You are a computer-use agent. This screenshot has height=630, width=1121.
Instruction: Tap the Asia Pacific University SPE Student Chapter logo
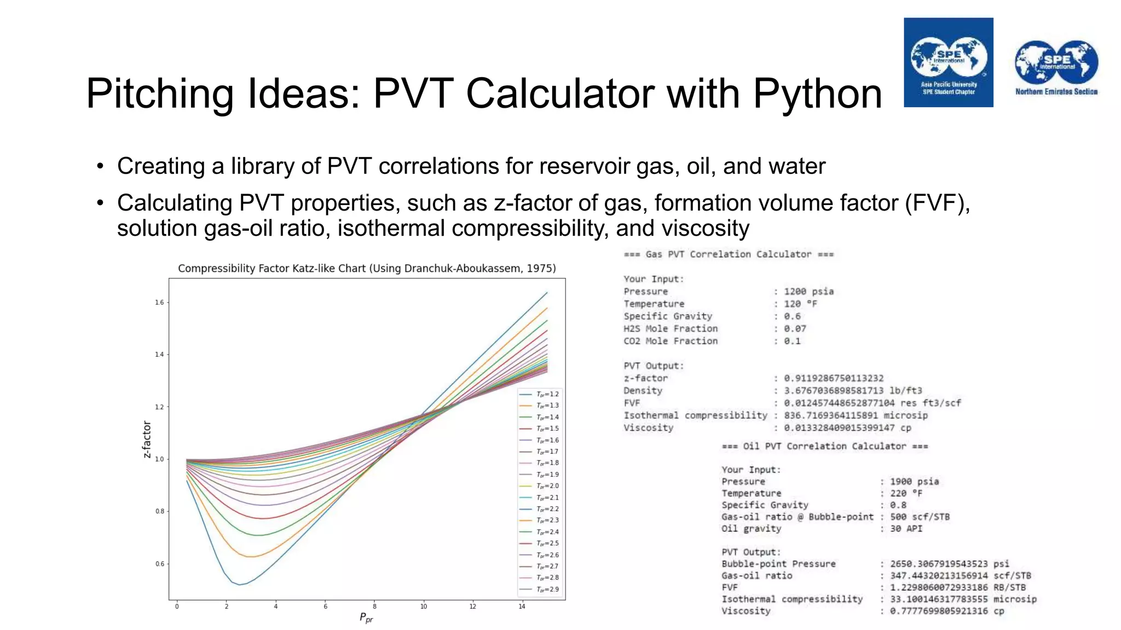pos(948,62)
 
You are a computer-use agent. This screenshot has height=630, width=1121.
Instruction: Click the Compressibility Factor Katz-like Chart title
pos(367,269)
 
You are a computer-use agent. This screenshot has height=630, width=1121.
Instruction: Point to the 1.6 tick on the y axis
pos(159,302)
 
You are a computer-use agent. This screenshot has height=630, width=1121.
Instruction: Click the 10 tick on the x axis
pos(423,606)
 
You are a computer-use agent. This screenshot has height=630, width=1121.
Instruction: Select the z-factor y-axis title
pos(147,439)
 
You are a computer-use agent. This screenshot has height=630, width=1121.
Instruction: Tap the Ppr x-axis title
pos(366,618)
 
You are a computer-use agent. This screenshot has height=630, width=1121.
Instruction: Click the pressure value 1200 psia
pos(808,291)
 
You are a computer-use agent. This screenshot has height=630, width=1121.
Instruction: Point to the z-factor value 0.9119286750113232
pos(833,378)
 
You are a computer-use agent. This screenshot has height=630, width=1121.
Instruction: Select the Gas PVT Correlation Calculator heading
pos(729,254)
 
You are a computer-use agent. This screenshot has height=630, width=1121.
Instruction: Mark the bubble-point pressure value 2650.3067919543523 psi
pos(949,564)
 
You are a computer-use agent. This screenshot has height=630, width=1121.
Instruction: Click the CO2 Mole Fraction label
pos(671,341)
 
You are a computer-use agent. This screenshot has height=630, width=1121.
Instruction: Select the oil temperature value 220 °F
pos(906,493)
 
